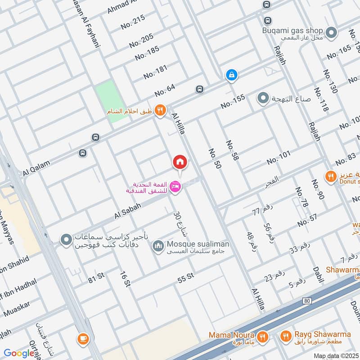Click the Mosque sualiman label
(x=198, y=244)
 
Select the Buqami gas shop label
(x=293, y=31)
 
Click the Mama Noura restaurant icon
(x=263, y=336)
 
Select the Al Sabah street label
(x=128, y=210)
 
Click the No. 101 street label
(x=279, y=158)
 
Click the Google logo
(x=19, y=353)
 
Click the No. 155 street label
(x=233, y=101)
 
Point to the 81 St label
(x=96, y=279)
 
